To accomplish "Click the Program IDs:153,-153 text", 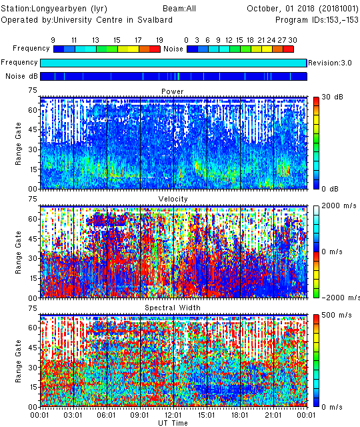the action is (317, 20).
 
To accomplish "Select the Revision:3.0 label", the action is (330, 63).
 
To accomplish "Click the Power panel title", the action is (173, 91).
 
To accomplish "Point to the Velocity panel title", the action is (173, 199).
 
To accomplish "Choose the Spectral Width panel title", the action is (173, 308).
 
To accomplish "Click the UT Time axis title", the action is (173, 423).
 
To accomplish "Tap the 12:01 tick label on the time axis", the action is (173, 415).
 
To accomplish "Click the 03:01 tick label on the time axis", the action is (73, 415).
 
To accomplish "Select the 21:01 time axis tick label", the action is (273, 415).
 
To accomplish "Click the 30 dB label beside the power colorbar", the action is (332, 97).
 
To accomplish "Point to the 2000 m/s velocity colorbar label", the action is (339, 205).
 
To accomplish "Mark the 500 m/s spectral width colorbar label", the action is (337, 315).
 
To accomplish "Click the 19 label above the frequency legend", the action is (160, 40).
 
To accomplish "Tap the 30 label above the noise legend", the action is (293, 40).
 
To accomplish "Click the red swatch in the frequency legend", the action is (155, 49).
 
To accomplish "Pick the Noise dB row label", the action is (21, 76).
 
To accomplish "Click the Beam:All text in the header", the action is (179, 9).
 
